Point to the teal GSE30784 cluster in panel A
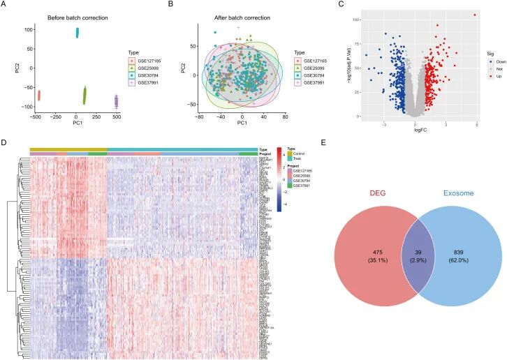coord(77,32)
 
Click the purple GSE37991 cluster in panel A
coord(117,101)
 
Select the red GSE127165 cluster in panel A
coord(39,95)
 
